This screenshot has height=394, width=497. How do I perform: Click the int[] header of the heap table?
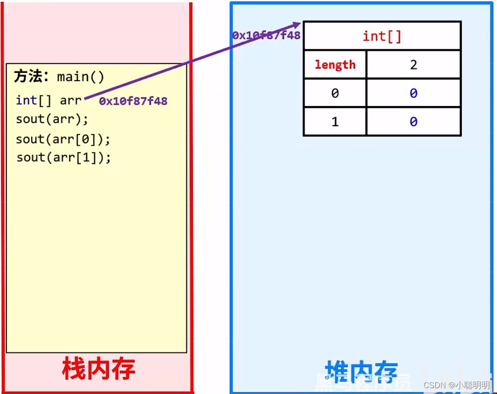[382, 36]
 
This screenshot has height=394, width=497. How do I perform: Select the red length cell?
[335, 65]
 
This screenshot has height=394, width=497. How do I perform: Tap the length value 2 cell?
[413, 65]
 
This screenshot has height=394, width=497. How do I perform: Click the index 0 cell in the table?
[335, 93]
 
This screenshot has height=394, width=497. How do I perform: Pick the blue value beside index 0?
[413, 93]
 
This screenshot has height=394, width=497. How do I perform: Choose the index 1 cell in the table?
[335, 121]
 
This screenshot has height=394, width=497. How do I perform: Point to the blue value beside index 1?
[413, 121]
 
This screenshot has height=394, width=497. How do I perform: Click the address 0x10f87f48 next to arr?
[133, 101]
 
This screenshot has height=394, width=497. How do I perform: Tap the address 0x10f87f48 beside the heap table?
[266, 35]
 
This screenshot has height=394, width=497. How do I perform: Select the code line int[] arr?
[49, 100]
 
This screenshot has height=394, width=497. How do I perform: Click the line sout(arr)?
[52, 119]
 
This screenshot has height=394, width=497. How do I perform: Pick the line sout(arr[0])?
[63, 139]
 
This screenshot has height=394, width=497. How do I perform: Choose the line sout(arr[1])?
[63, 157]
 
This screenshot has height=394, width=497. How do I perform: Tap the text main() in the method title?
[81, 77]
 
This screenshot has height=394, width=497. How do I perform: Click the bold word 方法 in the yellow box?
[28, 77]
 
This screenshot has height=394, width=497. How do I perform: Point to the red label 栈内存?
[98, 369]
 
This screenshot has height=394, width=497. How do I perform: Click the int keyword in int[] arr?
[26, 100]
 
